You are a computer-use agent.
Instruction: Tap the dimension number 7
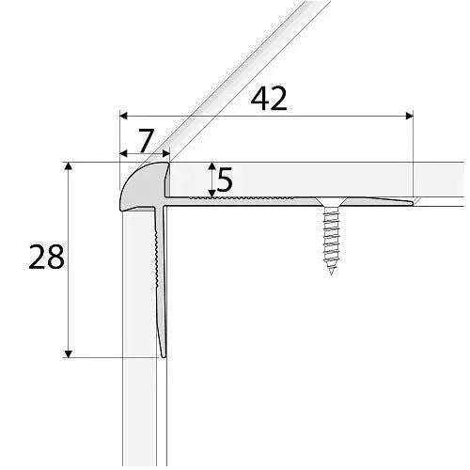tap(144, 140)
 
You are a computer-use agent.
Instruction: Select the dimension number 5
tap(224, 180)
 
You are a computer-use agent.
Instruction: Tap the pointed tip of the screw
tap(332, 273)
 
